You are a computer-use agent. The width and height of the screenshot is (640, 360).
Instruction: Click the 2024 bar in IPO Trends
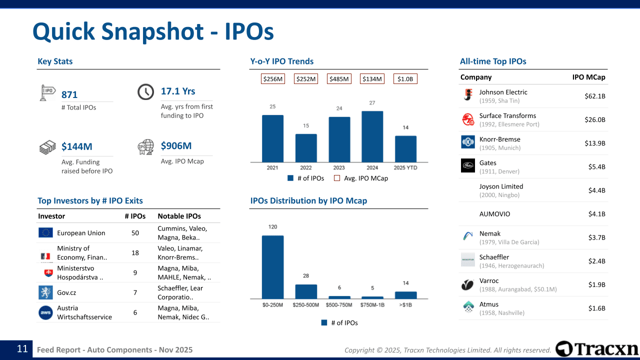click(x=372, y=136)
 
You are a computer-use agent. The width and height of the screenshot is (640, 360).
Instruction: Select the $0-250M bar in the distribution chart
click(x=273, y=267)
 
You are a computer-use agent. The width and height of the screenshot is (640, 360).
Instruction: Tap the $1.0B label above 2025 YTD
click(x=405, y=79)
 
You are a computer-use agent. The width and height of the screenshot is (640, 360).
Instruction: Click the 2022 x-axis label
click(x=305, y=167)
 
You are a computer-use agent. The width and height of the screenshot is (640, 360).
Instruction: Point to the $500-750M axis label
click(x=339, y=305)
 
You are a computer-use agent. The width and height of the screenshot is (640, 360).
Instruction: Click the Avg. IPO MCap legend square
click(x=337, y=178)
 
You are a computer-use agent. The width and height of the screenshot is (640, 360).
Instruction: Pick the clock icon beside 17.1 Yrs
click(x=145, y=91)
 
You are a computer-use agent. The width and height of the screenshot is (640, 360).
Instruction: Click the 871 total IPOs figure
click(x=69, y=94)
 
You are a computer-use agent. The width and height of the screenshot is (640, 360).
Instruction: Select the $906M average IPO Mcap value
click(x=176, y=145)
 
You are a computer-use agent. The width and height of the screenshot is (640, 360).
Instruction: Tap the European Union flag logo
click(x=45, y=232)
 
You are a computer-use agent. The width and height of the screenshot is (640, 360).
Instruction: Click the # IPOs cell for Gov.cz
click(x=135, y=292)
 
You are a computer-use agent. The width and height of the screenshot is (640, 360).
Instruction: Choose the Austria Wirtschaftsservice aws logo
click(x=45, y=312)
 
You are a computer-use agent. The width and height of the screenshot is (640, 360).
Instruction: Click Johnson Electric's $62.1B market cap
click(x=595, y=96)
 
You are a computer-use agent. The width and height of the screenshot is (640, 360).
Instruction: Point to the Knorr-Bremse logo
click(x=468, y=142)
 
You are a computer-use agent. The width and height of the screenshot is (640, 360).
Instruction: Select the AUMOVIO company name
click(x=494, y=214)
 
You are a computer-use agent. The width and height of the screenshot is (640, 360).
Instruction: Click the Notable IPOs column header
click(x=179, y=216)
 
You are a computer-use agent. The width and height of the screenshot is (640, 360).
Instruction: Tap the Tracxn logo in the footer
click(x=597, y=349)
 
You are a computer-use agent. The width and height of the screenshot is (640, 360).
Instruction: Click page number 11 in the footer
click(x=22, y=349)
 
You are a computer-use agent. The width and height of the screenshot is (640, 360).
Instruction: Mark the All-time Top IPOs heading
click(x=493, y=61)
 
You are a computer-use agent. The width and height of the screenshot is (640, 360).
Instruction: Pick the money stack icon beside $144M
click(x=47, y=147)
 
